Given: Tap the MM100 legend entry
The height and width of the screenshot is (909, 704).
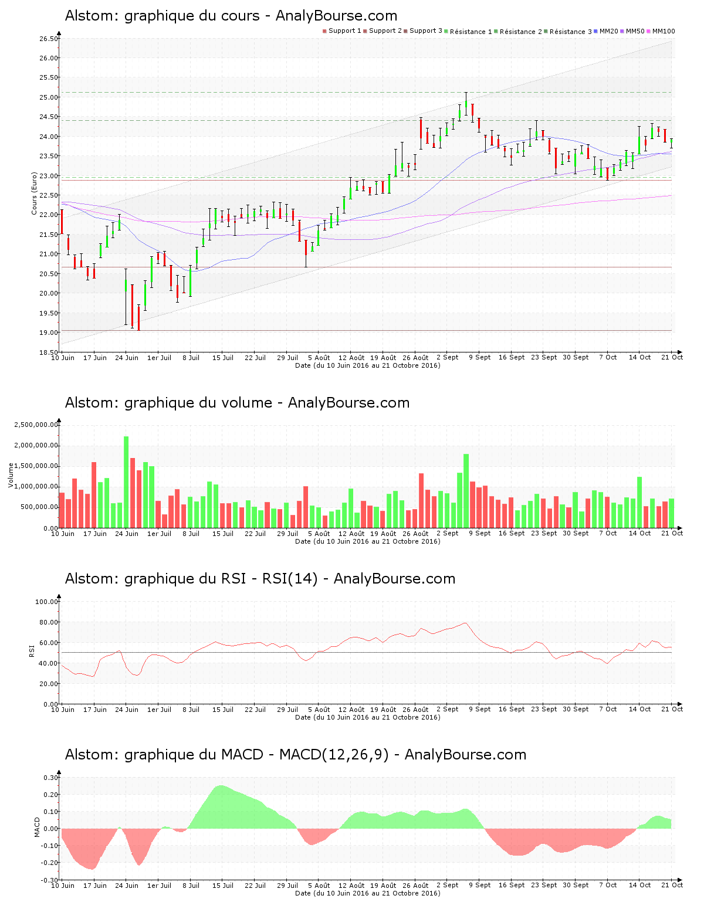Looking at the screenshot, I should click(663, 31).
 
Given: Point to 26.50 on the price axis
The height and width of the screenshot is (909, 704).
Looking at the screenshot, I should click(49, 39).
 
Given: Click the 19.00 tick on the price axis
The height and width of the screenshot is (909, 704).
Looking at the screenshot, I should click(49, 333).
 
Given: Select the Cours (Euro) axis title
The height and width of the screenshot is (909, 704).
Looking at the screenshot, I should click(35, 194).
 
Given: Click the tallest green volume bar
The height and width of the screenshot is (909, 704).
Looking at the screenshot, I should click(126, 481).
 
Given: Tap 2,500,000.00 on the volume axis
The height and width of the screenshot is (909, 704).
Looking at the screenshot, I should click(36, 425).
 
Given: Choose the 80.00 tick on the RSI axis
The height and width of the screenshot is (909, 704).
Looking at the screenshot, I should click(46, 622).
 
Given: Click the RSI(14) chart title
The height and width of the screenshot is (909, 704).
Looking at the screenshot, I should click(260, 579).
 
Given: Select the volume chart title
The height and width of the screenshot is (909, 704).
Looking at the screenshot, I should click(237, 403).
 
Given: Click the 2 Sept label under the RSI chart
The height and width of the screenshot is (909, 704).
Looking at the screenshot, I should click(448, 710).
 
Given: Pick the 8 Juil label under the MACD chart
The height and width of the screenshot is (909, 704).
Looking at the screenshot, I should click(191, 886).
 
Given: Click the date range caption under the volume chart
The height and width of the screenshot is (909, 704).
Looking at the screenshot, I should click(367, 541).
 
